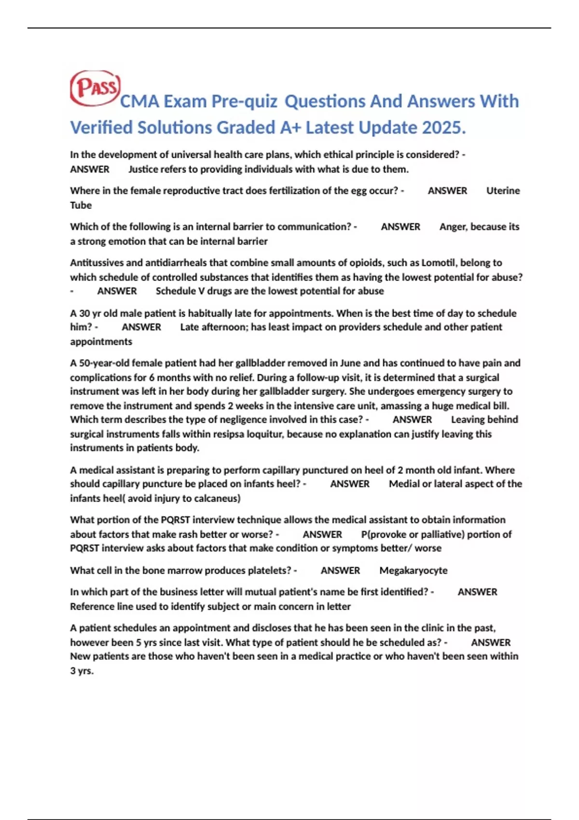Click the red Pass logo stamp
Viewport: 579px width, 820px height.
[95, 88]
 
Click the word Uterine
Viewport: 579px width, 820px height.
[503, 191]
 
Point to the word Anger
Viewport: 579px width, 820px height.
[453, 227]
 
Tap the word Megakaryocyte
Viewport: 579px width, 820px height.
[413, 571]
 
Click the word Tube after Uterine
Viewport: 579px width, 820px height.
[81, 205]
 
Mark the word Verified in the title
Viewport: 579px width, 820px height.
[101, 128]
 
